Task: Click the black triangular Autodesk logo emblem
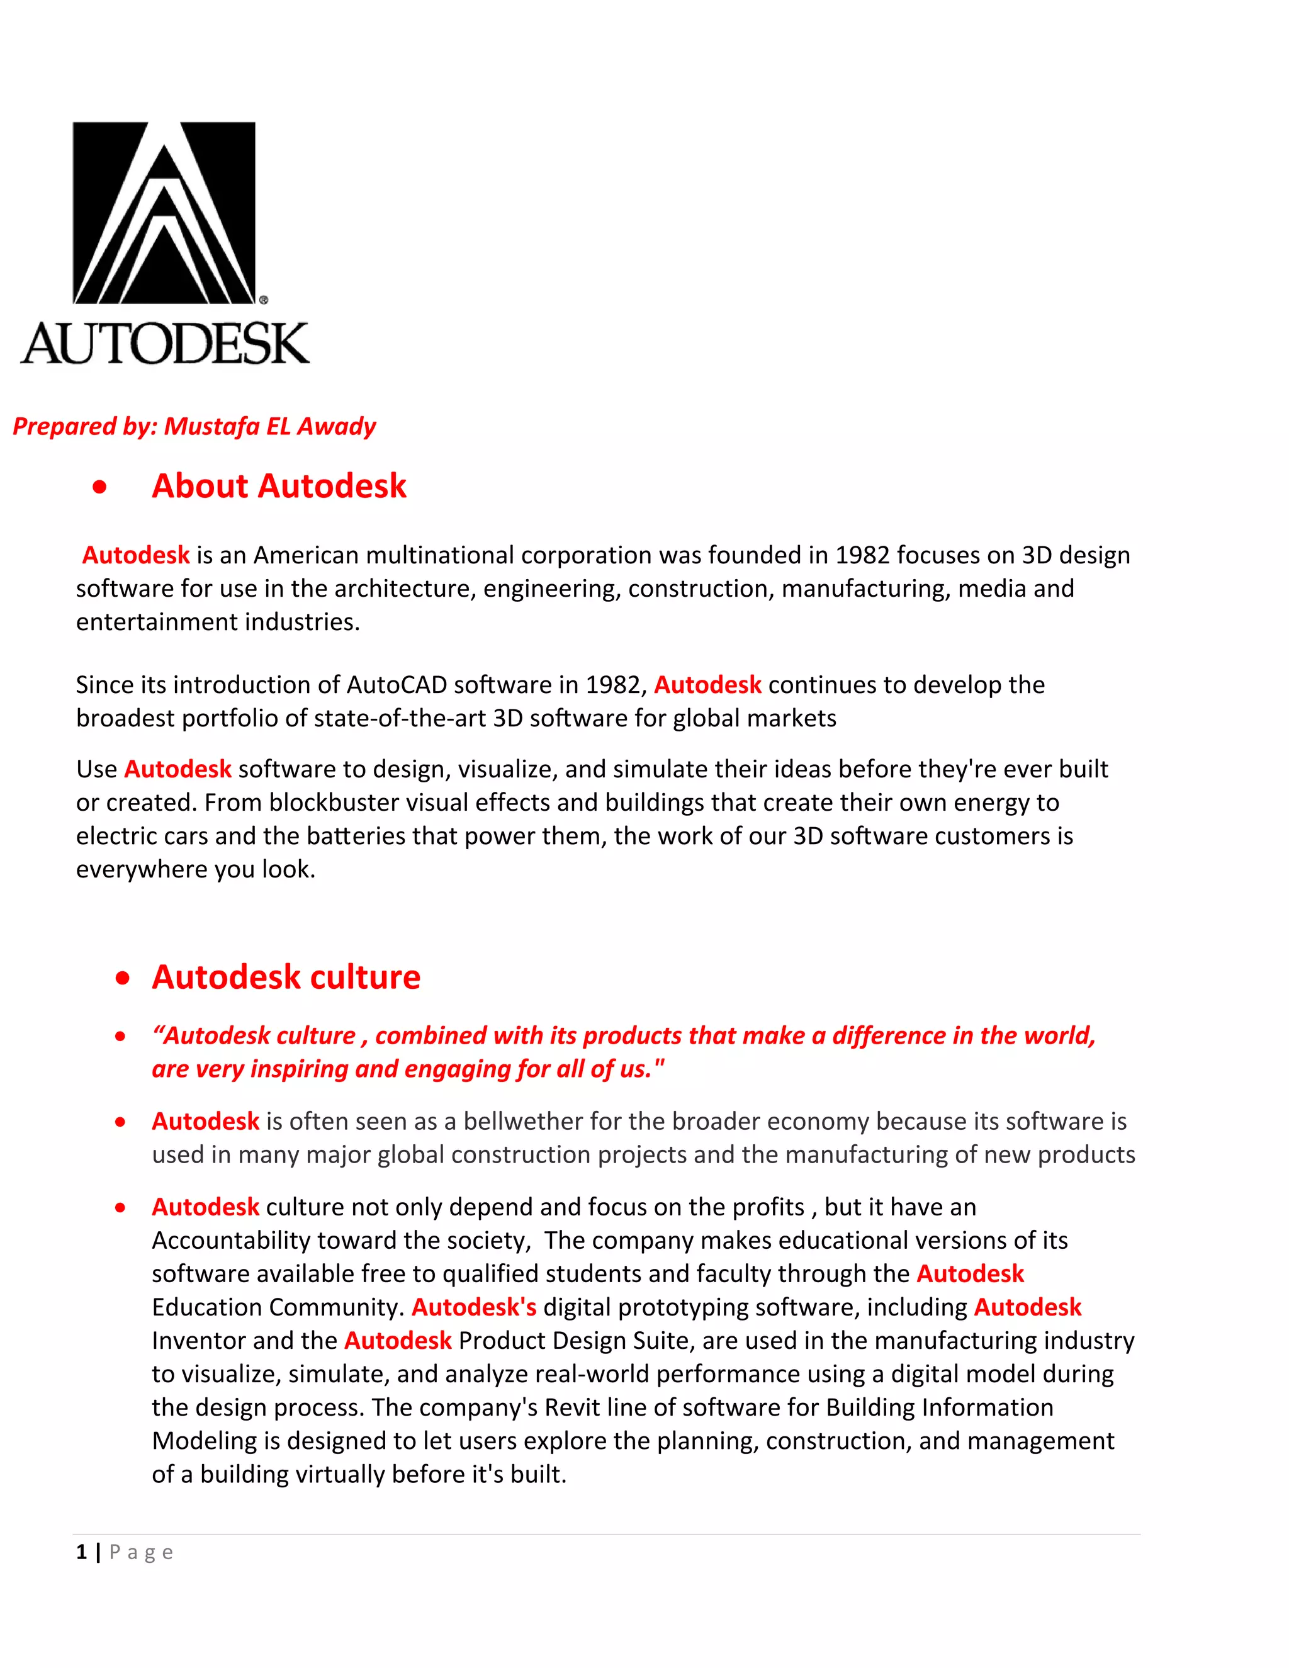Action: pyautogui.click(x=164, y=213)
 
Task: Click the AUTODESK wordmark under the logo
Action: pyautogui.click(x=165, y=344)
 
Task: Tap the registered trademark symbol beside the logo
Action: pyautogui.click(x=264, y=300)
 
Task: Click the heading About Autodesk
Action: pyautogui.click(x=279, y=487)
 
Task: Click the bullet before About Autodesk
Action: pyautogui.click(x=99, y=487)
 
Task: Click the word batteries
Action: pyautogui.click(x=356, y=837)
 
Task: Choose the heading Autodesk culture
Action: pyautogui.click(x=286, y=978)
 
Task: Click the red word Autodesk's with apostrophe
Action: pyautogui.click(x=473, y=1307)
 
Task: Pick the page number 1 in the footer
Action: pyautogui.click(x=81, y=1553)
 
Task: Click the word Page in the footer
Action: pyautogui.click(x=141, y=1553)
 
